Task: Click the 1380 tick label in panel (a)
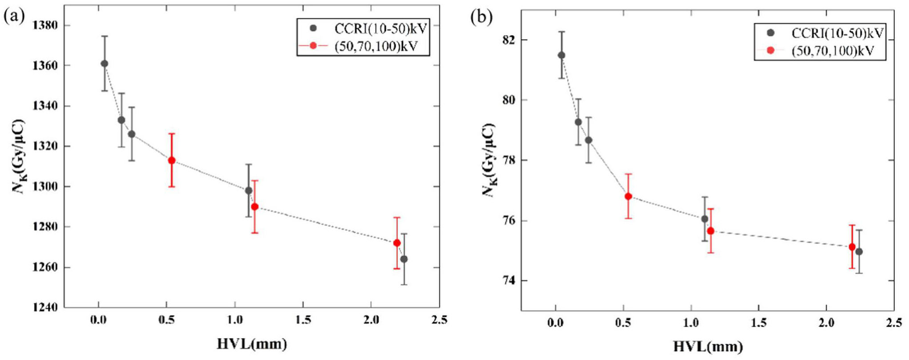click(x=45, y=25)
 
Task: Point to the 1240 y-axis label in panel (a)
click(x=45, y=308)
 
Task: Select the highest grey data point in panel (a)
click(x=104, y=64)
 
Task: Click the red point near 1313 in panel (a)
click(x=172, y=160)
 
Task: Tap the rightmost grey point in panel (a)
click(x=404, y=259)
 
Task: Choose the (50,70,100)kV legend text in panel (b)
click(x=833, y=51)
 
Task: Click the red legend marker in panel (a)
click(x=313, y=46)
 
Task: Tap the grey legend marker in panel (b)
click(x=770, y=32)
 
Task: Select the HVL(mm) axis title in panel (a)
click(x=252, y=344)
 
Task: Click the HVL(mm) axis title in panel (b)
click(x=708, y=346)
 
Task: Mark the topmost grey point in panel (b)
click(x=561, y=55)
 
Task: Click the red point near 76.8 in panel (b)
click(x=628, y=196)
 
